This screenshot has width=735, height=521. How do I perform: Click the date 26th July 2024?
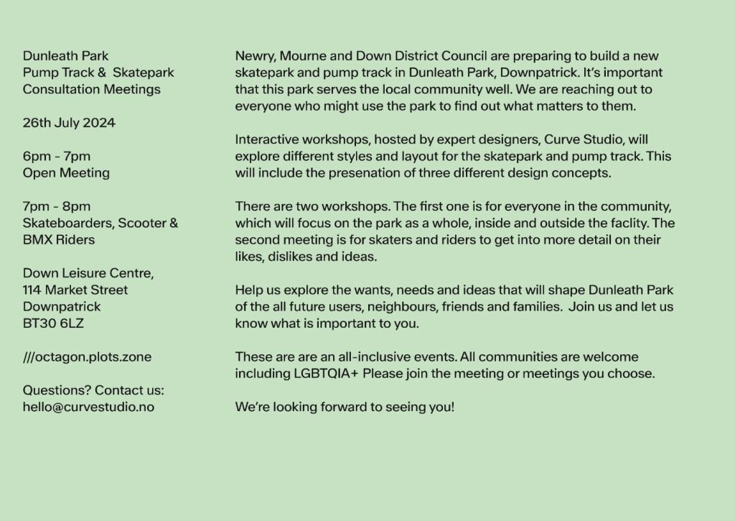69,123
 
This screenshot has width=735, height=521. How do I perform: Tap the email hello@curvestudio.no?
88,407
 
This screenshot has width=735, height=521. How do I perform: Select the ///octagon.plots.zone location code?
87,356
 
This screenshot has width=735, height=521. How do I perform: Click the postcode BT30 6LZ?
53,323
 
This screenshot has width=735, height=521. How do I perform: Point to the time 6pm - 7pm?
57,156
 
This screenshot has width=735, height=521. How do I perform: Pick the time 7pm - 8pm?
57,206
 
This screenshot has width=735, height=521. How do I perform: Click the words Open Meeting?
66,172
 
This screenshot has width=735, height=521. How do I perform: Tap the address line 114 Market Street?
75,290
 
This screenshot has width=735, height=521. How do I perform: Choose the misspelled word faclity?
627,223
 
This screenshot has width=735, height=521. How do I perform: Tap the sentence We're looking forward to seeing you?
345,407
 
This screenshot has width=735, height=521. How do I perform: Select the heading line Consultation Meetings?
92,89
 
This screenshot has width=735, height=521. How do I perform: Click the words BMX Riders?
59,239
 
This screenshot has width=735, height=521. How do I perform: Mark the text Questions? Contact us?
93,390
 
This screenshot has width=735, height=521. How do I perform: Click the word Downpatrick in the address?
62,306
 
